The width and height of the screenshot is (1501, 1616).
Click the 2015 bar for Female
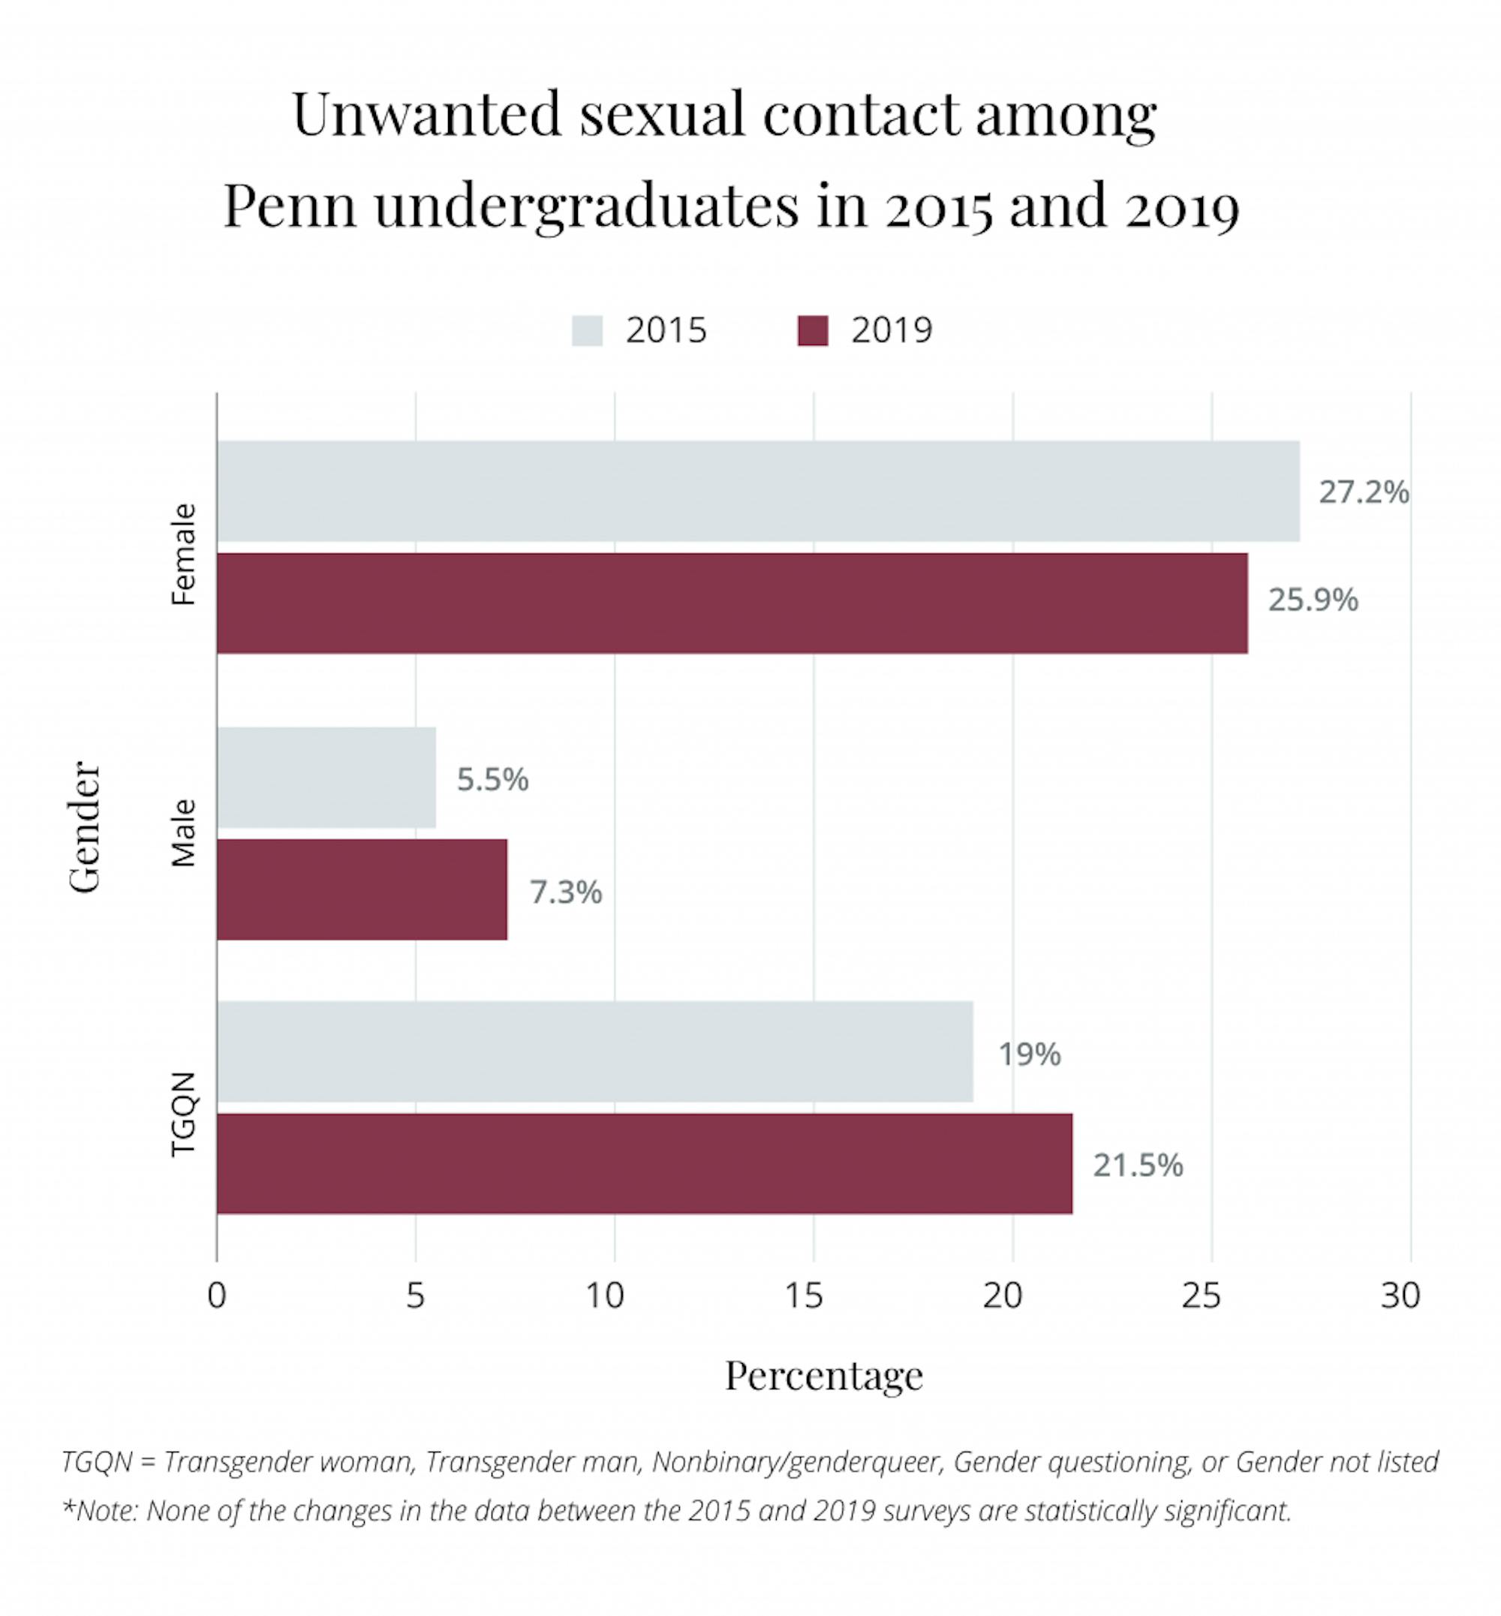click(757, 491)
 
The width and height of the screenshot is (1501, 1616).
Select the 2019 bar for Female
click(731, 603)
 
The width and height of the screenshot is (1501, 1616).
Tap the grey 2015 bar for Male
click(326, 778)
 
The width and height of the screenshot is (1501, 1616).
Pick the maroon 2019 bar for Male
click(362, 889)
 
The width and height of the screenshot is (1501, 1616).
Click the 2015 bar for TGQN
click(594, 1052)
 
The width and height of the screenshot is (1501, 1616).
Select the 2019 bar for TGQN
click(643, 1163)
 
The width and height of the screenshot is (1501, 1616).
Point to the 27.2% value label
click(1363, 492)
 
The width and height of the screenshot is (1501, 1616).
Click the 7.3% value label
click(565, 892)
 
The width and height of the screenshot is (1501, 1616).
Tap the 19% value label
click(1028, 1054)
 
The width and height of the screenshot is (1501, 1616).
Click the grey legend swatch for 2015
click(586, 331)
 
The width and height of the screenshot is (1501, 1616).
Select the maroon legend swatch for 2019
click(812, 331)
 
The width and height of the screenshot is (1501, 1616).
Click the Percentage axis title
click(823, 1376)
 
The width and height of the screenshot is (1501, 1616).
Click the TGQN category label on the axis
click(185, 1113)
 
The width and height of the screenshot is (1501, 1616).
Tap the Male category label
click(185, 833)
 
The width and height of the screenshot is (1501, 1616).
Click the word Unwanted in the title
click(426, 114)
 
